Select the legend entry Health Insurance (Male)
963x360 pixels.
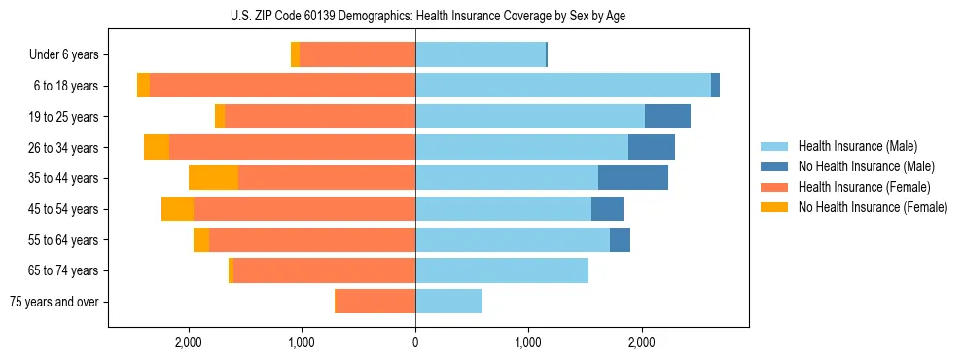click(856, 146)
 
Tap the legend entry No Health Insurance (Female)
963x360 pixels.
click(873, 207)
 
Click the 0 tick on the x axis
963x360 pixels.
click(415, 342)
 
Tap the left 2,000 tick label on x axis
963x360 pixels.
click(188, 342)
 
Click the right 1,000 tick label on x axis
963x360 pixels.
click(528, 342)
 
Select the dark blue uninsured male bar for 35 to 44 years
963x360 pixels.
click(633, 178)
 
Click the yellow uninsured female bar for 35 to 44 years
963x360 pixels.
click(213, 178)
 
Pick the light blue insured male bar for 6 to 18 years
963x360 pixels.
click(563, 86)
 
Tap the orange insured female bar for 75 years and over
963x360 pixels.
click(374, 302)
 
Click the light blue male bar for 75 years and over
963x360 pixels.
click(448, 302)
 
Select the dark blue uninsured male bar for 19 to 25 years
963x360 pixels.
click(667, 117)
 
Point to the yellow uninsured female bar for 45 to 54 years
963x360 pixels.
click(177, 209)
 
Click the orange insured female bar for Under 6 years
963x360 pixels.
click(357, 55)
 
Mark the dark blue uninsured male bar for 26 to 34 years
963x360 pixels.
click(652, 148)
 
